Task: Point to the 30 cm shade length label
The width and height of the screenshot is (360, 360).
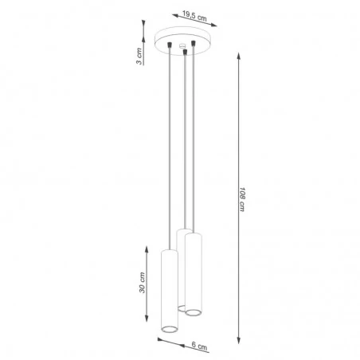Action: pos(143,282)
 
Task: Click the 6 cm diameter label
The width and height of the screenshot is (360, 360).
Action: pos(200,346)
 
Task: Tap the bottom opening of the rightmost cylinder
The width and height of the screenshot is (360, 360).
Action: pos(193,311)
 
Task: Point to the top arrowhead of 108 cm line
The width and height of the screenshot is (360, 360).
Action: pos(239,55)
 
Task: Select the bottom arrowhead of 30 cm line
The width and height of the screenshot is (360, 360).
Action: pos(146,328)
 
